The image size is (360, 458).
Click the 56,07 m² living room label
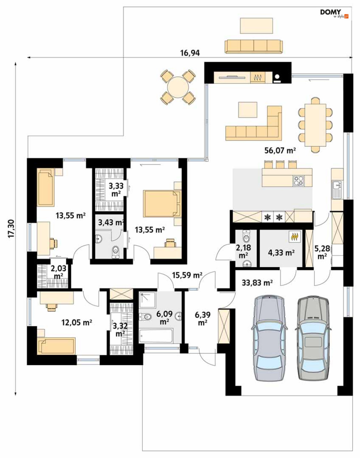click(x=280, y=150)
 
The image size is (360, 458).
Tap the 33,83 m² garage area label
click(x=257, y=283)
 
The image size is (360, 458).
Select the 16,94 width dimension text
click(x=190, y=53)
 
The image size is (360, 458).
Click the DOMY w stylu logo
click(x=334, y=13)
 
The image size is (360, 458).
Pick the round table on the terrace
click(x=178, y=87)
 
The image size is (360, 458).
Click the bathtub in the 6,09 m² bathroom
click(x=156, y=335)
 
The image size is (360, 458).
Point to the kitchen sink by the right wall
click(x=337, y=190)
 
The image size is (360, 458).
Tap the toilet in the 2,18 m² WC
click(x=246, y=236)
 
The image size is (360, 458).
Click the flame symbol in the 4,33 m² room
click(x=295, y=236)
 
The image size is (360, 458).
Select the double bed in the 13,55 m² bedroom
click(x=162, y=204)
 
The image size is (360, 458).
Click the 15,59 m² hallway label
click(x=187, y=275)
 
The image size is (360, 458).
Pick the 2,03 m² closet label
click(x=58, y=272)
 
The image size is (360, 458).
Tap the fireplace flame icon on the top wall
click(x=258, y=78)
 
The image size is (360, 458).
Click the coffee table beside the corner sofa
click(x=247, y=110)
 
